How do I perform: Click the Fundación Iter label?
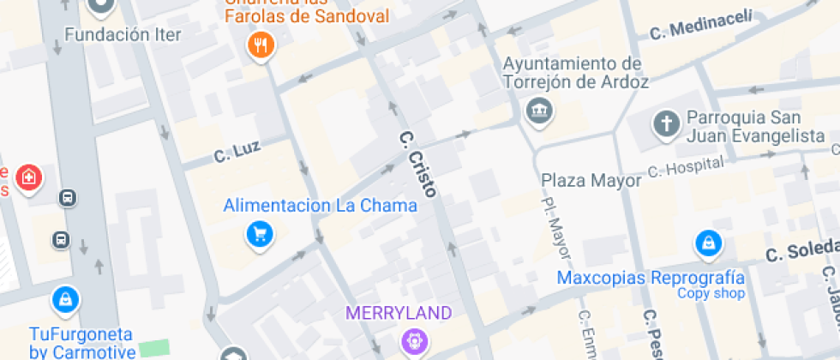[x=123, y=35]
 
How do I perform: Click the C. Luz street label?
[x=237, y=154]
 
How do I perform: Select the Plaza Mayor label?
[x=591, y=180]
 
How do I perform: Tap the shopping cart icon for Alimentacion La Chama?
[x=260, y=233]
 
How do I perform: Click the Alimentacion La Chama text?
[x=320, y=206]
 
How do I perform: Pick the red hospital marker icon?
[x=30, y=178]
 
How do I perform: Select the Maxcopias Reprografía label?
[x=650, y=278]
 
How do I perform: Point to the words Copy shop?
[x=711, y=293]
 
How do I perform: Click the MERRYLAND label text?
[x=398, y=313]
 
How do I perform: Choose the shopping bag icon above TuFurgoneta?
[x=65, y=299]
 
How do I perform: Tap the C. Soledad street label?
[x=801, y=254]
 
